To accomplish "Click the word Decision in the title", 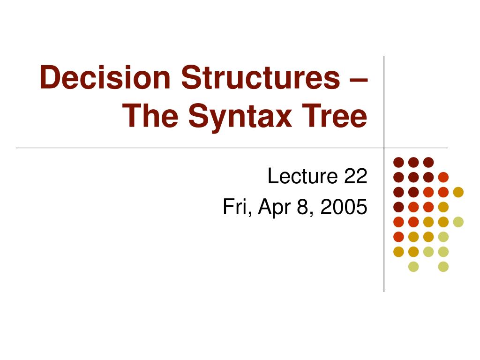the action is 105,77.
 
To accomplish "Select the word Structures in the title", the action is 261,77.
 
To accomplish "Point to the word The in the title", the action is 150,115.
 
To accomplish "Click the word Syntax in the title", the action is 240,118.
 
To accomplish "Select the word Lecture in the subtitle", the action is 303,176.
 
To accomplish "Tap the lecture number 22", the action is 356,176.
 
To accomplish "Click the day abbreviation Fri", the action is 237,207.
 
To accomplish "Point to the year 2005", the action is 344,207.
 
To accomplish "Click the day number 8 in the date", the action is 302,207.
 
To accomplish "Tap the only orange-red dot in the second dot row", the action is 443,177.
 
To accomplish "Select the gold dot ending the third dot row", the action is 458,192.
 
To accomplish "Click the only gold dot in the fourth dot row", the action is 443,207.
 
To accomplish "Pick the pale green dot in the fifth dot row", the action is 458,222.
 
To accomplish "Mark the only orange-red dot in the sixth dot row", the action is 398,237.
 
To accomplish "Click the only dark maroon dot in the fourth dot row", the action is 398,207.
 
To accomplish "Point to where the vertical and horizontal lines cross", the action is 384,148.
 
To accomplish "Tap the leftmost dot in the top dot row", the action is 398,162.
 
